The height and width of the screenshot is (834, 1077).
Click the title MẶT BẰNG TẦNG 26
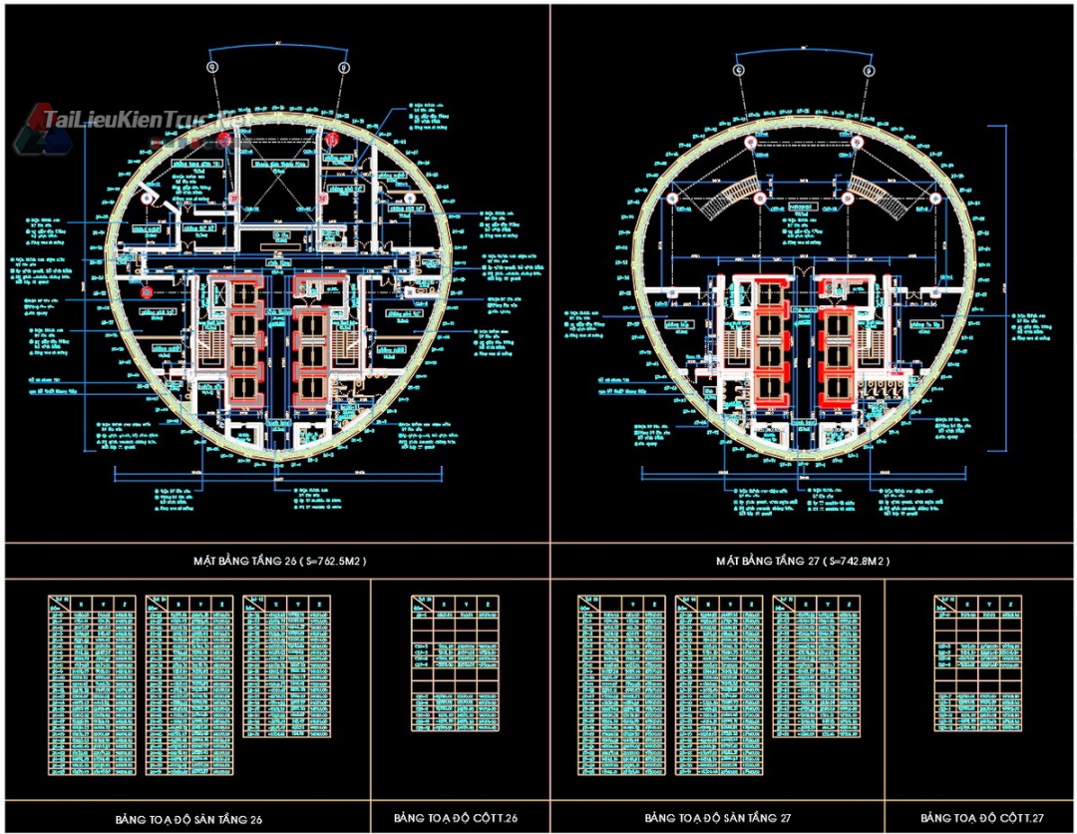coord(272,560)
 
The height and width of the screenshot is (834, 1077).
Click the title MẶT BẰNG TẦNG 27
coord(802,560)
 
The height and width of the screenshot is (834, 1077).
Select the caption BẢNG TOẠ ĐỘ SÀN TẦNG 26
coord(188,818)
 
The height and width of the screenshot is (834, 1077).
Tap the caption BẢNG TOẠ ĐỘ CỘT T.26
coord(456,818)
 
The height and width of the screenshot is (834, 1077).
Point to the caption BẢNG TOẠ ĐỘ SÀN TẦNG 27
coord(717,818)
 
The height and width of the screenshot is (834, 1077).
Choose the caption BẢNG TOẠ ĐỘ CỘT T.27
coord(982,818)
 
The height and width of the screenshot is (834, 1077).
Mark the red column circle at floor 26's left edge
coord(147,293)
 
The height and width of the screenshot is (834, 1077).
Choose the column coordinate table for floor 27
coord(977,663)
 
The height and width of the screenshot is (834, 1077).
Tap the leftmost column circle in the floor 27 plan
coord(671,199)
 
